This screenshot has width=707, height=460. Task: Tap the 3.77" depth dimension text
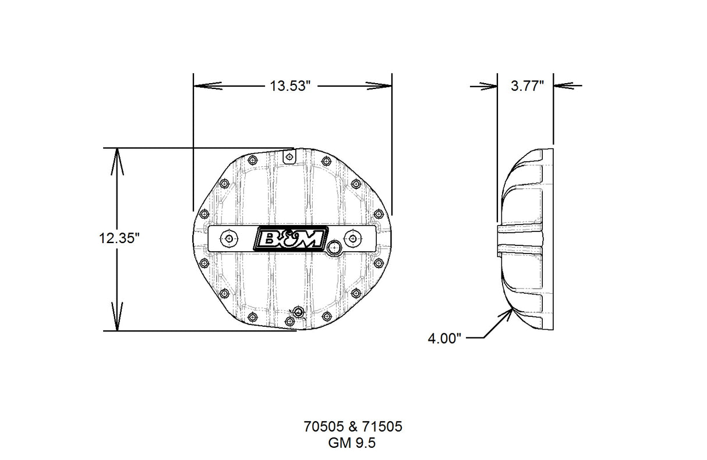tap(526, 86)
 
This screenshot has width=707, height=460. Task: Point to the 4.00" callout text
tap(445, 337)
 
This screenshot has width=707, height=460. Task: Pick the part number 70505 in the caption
tap(322, 427)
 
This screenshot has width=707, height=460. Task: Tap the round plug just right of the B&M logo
tap(334, 247)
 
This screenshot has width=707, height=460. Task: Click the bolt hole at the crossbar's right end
tap(353, 238)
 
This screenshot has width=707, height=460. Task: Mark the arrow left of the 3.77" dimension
tap(488, 85)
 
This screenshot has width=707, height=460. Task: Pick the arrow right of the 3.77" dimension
tap(563, 85)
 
